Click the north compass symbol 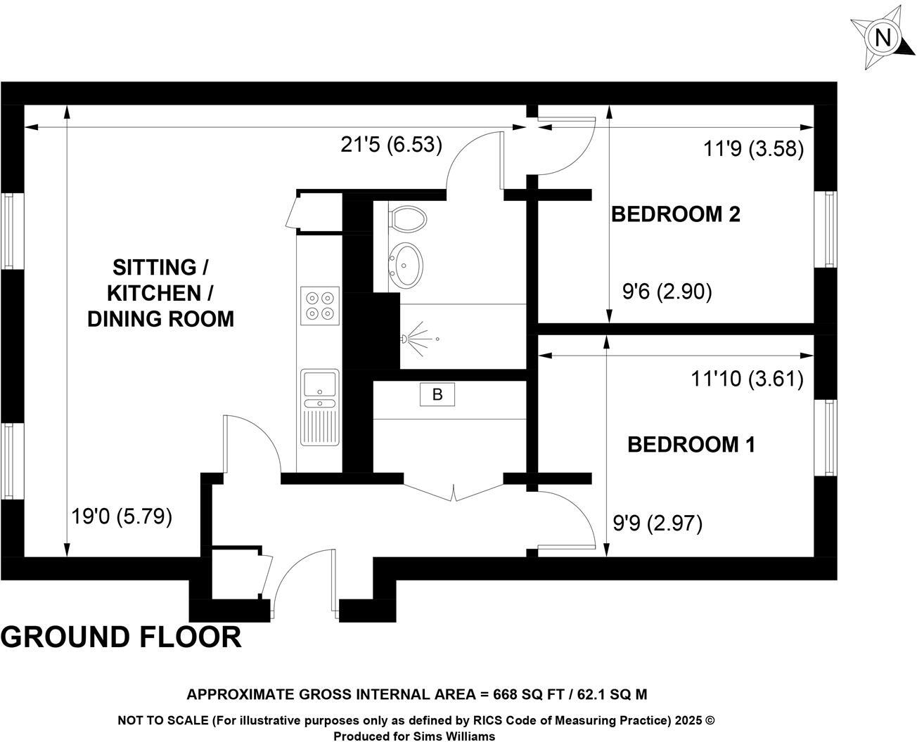(x=882, y=37)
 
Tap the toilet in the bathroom (x=408, y=218)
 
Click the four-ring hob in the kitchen (x=320, y=306)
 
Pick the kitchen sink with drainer (x=320, y=408)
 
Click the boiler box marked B (x=437, y=395)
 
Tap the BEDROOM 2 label (x=676, y=214)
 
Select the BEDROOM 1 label (x=691, y=444)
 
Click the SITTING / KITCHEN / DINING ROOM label (x=161, y=293)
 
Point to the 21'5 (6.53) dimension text (x=392, y=145)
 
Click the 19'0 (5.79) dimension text (x=122, y=517)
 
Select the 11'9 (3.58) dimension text (x=753, y=149)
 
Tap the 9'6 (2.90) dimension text (x=667, y=291)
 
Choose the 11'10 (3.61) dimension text (x=747, y=379)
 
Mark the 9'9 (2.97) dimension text (x=658, y=523)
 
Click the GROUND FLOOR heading (x=121, y=637)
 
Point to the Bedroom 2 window (x=830, y=229)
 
